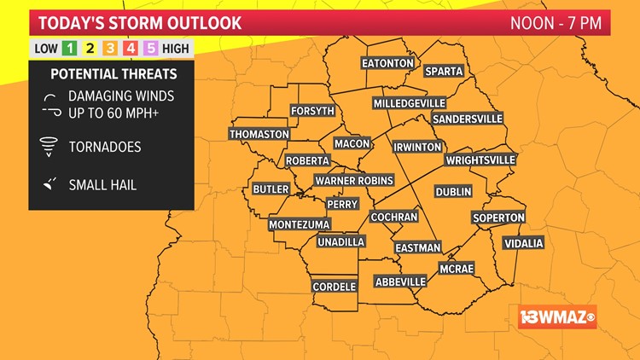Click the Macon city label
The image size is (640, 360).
click(352, 143)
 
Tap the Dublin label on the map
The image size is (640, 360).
click(453, 192)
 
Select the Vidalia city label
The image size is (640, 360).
click(523, 243)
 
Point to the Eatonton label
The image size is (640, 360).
click(387, 64)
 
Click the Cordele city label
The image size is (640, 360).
click(334, 287)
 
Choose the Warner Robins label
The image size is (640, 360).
click(353, 181)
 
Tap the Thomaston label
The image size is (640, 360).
click(259, 134)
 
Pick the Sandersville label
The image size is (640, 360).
click(468, 119)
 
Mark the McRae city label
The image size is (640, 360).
click(456, 268)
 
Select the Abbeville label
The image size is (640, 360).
click(400, 282)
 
